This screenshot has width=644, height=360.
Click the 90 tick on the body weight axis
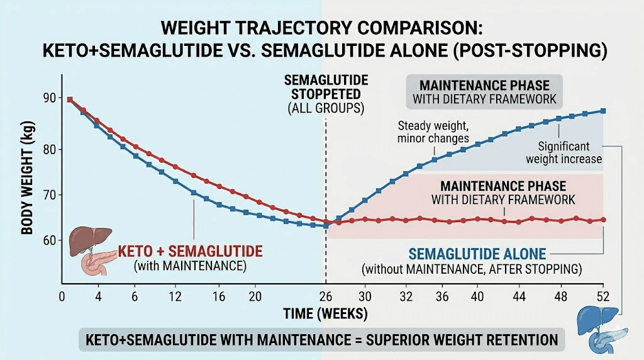tap(49, 98)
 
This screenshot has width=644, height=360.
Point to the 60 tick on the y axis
tap(49, 240)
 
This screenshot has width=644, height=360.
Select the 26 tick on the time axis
tap(326, 296)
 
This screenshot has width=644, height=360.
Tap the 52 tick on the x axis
tap(603, 296)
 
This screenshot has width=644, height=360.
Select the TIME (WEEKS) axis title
tap(327, 313)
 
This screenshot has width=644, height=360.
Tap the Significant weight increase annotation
tap(564, 152)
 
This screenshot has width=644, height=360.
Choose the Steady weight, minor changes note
tap(434, 131)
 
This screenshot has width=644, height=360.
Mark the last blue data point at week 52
tap(603, 111)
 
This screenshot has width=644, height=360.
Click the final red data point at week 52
tap(603, 220)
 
